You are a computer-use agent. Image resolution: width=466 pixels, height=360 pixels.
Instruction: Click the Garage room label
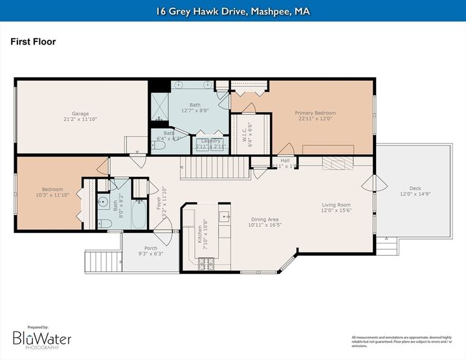pos(80,113)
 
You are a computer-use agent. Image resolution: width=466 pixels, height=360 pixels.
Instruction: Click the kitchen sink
pos(223,216)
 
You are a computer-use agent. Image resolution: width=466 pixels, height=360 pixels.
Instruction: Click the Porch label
pos(150,248)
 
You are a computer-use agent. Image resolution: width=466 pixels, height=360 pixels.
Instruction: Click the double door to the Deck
pos(369,183)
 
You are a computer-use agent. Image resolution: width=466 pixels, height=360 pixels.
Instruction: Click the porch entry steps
pos(102,262)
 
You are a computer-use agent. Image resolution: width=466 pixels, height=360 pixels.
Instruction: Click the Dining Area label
pos(265,219)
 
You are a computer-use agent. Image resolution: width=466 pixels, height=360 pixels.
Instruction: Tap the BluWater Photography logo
pos(42,338)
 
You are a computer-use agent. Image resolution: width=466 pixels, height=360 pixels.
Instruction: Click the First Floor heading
pos(33,42)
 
